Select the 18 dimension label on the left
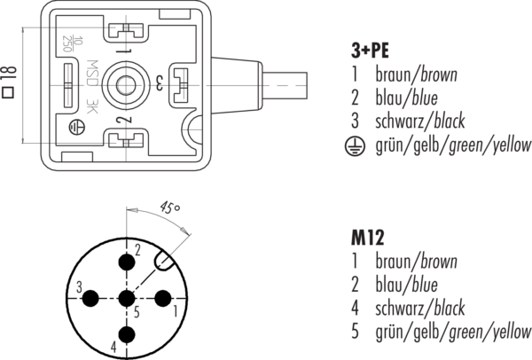[7, 82]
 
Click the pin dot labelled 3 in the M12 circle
[90, 297]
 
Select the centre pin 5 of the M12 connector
[126, 297]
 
